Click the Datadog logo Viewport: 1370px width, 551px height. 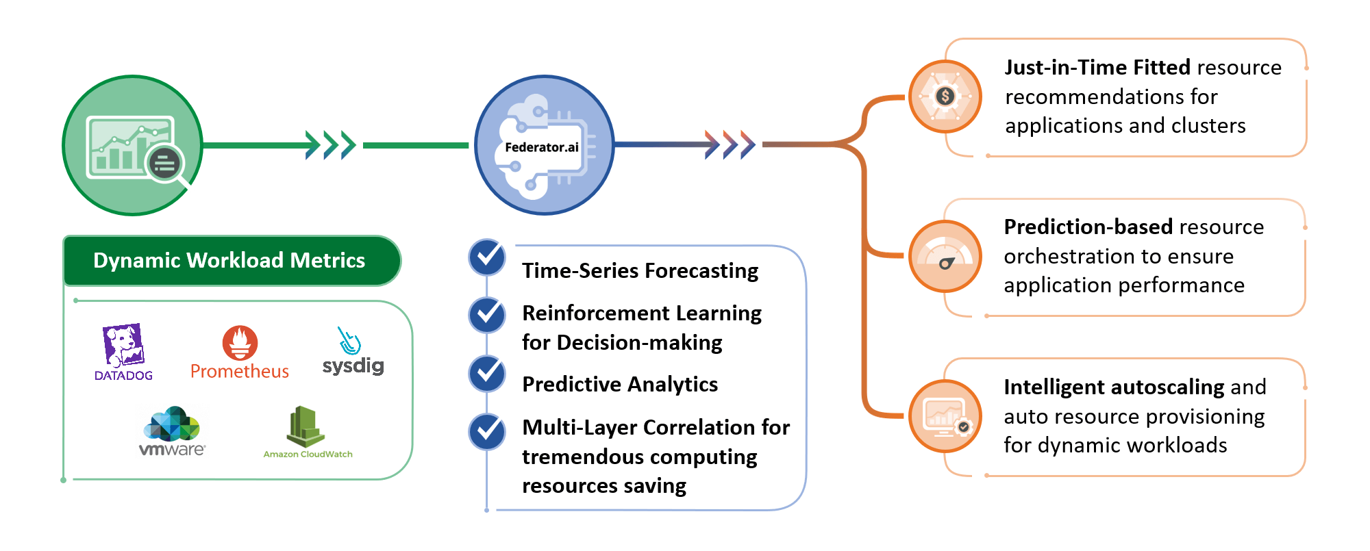tap(123, 352)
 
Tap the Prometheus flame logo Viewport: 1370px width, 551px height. tap(240, 342)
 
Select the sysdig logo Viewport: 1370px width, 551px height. tap(353, 351)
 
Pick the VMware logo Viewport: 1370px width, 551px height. tap(172, 431)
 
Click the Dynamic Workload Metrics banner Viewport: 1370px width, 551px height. tap(232, 260)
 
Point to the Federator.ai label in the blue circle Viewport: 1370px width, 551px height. tap(542, 147)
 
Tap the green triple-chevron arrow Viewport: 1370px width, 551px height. tap(331, 145)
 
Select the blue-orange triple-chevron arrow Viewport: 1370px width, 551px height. tap(730, 144)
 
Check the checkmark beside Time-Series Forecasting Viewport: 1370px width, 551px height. tap(487, 257)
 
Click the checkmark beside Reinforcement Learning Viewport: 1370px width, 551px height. tap(487, 315)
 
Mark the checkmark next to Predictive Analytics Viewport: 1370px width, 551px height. tap(487, 374)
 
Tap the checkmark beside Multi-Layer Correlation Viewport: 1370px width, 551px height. tap(487, 432)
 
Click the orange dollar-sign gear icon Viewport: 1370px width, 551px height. tap(945, 97)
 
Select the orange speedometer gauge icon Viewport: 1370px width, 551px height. tap(945, 257)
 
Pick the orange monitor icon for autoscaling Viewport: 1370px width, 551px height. tap(945, 416)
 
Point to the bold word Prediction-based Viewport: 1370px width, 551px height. tap(1088, 227)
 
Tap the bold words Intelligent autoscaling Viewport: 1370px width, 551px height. tap(1114, 387)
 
